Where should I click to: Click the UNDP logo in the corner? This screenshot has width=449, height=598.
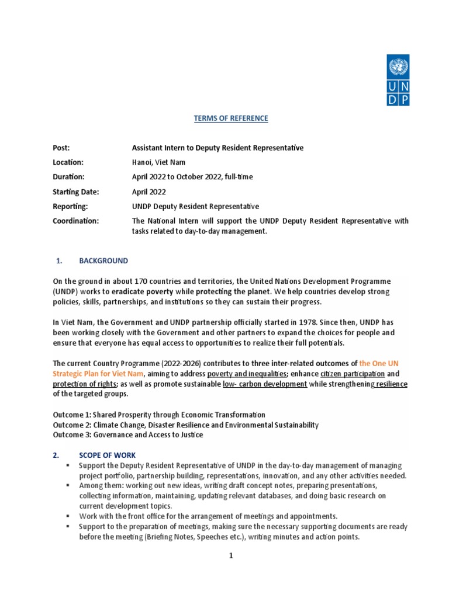397,80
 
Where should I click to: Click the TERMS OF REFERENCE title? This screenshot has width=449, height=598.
231,119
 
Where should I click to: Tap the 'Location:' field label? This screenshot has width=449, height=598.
68,162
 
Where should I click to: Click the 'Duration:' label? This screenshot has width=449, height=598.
68,177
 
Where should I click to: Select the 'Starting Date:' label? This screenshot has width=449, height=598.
75,192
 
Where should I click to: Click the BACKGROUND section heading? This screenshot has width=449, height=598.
103,260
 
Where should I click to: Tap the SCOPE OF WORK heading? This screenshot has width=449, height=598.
108,454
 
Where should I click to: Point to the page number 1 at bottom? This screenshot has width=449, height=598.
231,556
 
